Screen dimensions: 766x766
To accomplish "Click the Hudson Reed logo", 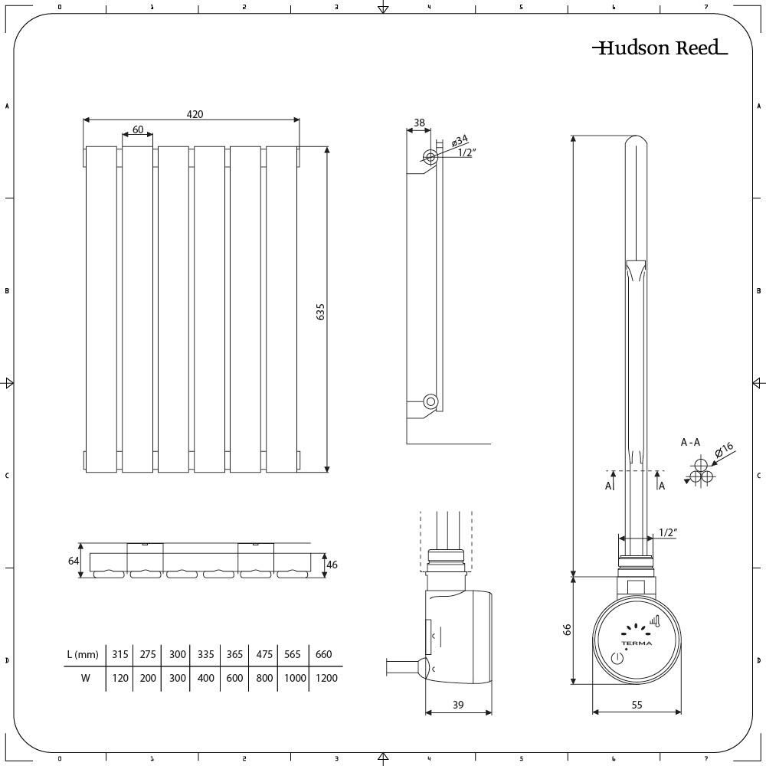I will (x=660, y=48).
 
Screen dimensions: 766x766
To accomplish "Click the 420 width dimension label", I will (x=195, y=114).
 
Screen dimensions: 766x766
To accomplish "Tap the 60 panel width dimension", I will (x=138, y=130).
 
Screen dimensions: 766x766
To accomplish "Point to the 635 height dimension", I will (x=321, y=312).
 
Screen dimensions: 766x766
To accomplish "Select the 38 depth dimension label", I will (x=419, y=123).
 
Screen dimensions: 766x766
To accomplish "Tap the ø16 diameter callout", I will (x=725, y=450).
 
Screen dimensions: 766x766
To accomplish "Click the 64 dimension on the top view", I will (x=74, y=561).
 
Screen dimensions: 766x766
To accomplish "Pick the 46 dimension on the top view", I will (x=332, y=565).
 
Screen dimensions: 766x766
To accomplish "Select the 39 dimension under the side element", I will (x=458, y=705).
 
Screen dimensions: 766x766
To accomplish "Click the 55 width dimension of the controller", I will (x=637, y=705).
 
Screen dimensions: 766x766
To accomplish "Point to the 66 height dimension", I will (x=568, y=630).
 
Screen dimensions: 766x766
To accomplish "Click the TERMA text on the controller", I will (x=637, y=643).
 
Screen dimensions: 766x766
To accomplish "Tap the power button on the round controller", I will (x=617, y=658).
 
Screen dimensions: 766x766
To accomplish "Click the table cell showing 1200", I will (x=326, y=678).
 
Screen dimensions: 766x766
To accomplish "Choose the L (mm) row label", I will (x=83, y=655).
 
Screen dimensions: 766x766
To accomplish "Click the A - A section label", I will (x=690, y=442).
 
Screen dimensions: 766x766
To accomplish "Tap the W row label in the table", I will (x=85, y=678).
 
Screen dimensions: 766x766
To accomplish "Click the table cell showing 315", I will (x=120, y=655).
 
